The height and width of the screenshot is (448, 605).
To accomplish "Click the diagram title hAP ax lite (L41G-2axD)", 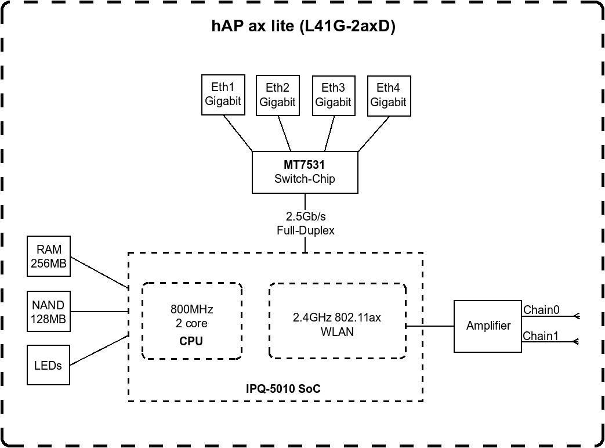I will pyautogui.click(x=303, y=27).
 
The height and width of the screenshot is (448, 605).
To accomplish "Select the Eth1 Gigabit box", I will pyautogui.click(x=223, y=95).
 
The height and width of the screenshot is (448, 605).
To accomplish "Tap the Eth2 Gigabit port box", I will pyautogui.click(x=277, y=95).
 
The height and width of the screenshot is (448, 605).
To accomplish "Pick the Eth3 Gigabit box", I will pyautogui.click(x=333, y=95).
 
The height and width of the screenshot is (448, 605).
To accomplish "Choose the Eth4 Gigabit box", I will pyautogui.click(x=388, y=95).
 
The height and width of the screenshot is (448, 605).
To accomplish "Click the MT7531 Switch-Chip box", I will pyautogui.click(x=305, y=172).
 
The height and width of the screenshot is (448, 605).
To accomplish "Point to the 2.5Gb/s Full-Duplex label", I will pyautogui.click(x=305, y=223).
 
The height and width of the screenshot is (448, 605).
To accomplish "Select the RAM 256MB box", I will pyautogui.click(x=49, y=256).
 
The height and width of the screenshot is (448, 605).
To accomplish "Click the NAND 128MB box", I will pyautogui.click(x=49, y=312).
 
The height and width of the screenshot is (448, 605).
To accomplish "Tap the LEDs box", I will pyautogui.click(x=49, y=364).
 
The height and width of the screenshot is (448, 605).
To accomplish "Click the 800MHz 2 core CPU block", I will pyautogui.click(x=191, y=321).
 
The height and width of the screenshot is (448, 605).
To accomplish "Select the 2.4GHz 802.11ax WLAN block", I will pyautogui.click(x=337, y=321).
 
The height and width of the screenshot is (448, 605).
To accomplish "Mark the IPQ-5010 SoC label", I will pyautogui.click(x=284, y=389).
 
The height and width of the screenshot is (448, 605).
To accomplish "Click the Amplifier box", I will pyautogui.click(x=488, y=326).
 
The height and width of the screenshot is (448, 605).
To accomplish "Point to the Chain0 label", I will pyautogui.click(x=541, y=310).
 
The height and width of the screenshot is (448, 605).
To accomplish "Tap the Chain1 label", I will pyautogui.click(x=541, y=336).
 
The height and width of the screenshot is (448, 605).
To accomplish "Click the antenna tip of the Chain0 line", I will pyautogui.click(x=577, y=316).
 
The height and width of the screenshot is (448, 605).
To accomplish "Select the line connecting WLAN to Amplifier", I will pyautogui.click(x=429, y=326).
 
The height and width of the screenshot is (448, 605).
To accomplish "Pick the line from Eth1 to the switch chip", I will pyautogui.click(x=238, y=133).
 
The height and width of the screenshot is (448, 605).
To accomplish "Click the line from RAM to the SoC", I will pyautogui.click(x=99, y=272).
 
